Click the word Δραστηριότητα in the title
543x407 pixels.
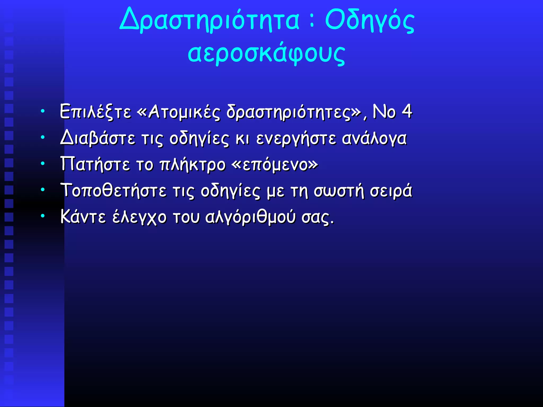[x=209, y=20]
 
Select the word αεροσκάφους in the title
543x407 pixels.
[x=266, y=53]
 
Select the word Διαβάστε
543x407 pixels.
[x=98, y=139]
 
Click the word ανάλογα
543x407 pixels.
[x=374, y=139]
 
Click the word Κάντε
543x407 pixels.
[x=83, y=217]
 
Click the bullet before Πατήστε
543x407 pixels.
[x=43, y=164]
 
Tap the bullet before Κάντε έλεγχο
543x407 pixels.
[x=43, y=216]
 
